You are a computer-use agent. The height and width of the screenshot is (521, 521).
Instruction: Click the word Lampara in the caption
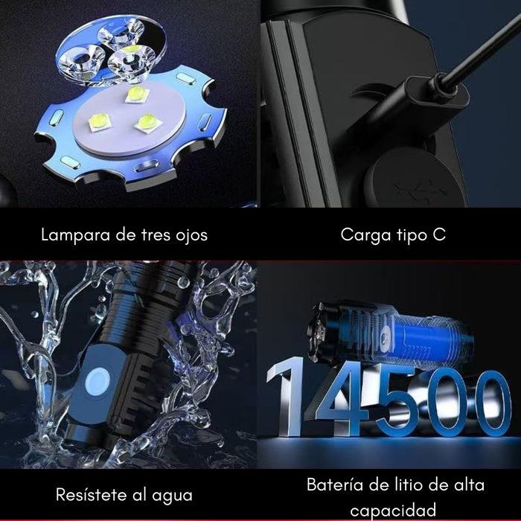coord(71,235)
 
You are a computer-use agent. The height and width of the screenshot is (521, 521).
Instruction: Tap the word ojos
coord(189,235)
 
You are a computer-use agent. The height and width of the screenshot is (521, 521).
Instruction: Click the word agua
coord(170,494)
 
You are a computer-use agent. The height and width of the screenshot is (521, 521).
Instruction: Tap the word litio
coord(400,485)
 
